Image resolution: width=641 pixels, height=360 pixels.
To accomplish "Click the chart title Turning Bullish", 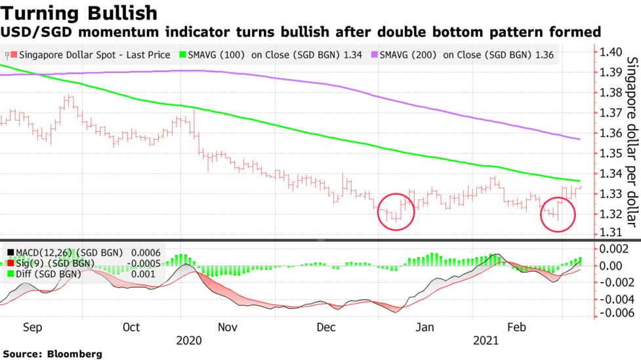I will [79, 12].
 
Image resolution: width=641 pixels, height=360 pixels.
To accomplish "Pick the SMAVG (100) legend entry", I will [276, 55].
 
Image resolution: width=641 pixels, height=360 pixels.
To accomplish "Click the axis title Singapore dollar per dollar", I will [632, 151].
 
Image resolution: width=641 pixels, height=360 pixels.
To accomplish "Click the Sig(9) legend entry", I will [60, 263].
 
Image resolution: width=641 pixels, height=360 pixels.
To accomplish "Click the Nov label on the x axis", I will [227, 327].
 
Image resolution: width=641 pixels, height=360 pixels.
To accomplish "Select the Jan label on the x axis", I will [426, 327].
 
